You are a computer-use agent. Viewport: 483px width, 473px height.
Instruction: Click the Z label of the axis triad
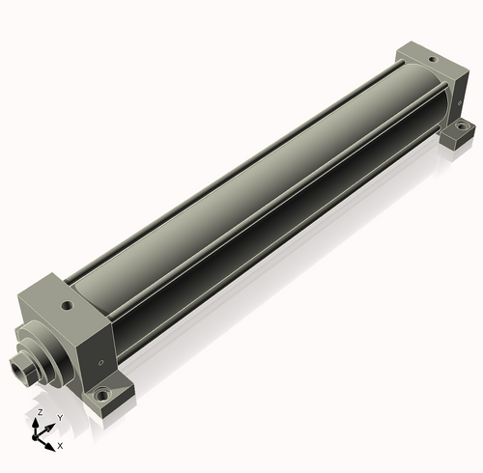40,412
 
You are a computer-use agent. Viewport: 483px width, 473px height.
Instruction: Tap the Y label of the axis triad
60,418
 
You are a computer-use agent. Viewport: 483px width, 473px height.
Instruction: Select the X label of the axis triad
60,446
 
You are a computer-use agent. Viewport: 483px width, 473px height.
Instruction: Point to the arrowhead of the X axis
50,447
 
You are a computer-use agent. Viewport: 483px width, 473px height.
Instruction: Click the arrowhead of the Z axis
35,423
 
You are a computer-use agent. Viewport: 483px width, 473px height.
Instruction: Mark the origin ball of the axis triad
35,437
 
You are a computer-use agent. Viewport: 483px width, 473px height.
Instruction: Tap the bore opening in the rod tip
16,367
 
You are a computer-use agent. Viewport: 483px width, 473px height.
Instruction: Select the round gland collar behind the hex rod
45,355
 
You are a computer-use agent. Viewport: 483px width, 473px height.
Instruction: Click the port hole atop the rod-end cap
68,305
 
